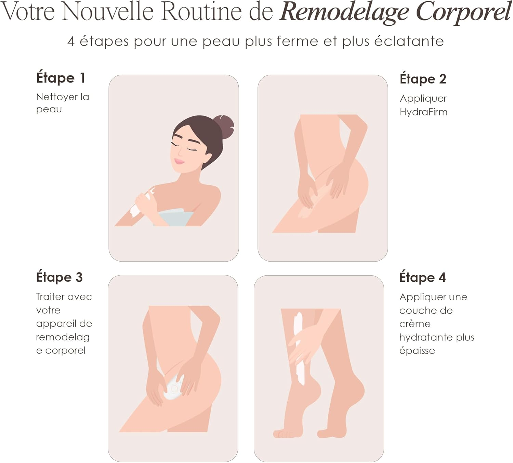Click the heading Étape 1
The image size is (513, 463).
coord(61,78)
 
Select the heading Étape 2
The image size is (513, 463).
coord(423,79)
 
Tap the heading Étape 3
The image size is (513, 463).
coord(59,277)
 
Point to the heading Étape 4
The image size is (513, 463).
coord(422,278)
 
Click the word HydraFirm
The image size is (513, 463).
coord(423,112)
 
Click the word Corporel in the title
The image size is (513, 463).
coord(464,12)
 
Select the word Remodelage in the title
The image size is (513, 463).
coord(344,12)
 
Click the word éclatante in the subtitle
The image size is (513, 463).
coord(409,41)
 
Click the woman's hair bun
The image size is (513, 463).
coord(223,127)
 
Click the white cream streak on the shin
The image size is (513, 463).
coord(299,349)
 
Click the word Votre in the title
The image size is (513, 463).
coord(28,12)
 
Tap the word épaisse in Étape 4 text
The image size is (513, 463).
coord(417,351)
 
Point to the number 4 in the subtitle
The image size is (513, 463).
coord(71,41)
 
